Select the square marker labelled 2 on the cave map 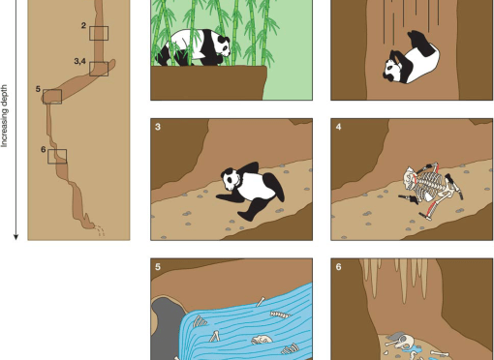99,33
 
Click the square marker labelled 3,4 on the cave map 99,68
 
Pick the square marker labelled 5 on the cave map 52,96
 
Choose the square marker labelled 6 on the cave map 58,156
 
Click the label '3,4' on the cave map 81,62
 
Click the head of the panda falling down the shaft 395,70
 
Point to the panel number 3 158,126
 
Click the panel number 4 338,126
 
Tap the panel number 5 158,267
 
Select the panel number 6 338,267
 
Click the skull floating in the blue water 262,340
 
